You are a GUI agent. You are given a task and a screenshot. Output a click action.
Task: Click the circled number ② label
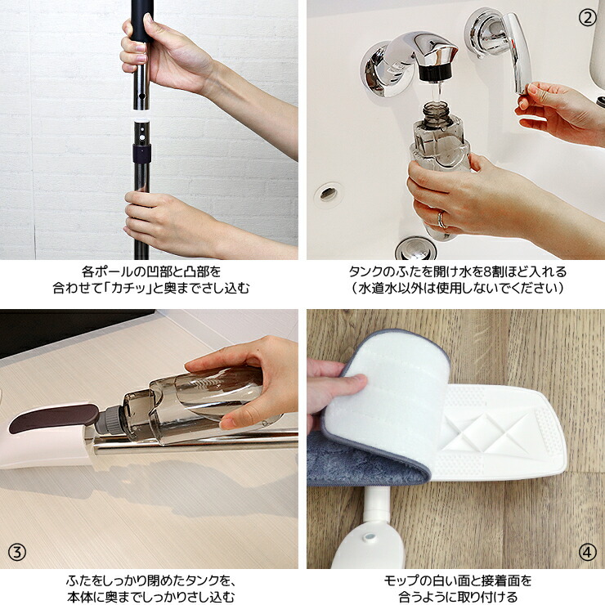[587, 17]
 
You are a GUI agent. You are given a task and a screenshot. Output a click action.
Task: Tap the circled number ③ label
[17, 553]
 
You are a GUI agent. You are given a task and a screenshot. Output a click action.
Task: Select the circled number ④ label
[587, 553]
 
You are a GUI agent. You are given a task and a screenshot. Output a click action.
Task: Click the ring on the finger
[441, 219]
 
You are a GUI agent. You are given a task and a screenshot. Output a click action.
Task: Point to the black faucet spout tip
[435, 73]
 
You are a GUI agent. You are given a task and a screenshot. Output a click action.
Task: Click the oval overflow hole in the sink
[328, 194]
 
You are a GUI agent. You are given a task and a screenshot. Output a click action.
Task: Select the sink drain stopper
[416, 248]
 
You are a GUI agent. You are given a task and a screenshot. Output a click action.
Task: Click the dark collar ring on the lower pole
[141, 153]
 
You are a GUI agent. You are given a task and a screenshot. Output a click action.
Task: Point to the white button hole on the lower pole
[142, 137]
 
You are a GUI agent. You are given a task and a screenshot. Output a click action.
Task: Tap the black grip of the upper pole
[142, 21]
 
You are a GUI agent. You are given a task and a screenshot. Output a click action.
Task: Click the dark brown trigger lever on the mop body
[54, 418]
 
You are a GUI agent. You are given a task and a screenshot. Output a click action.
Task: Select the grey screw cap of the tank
[110, 419]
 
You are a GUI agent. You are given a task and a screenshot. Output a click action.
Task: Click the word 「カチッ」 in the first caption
[128, 288]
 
